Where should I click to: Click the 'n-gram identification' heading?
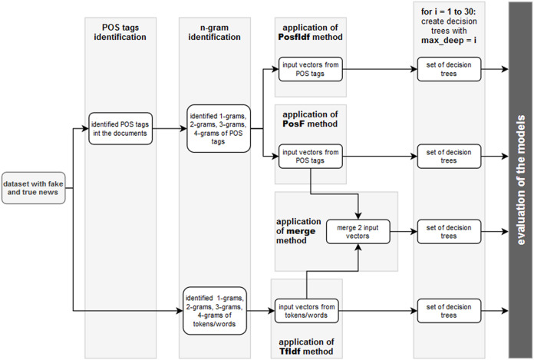(216, 38)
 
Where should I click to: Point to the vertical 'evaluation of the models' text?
(519, 180)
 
